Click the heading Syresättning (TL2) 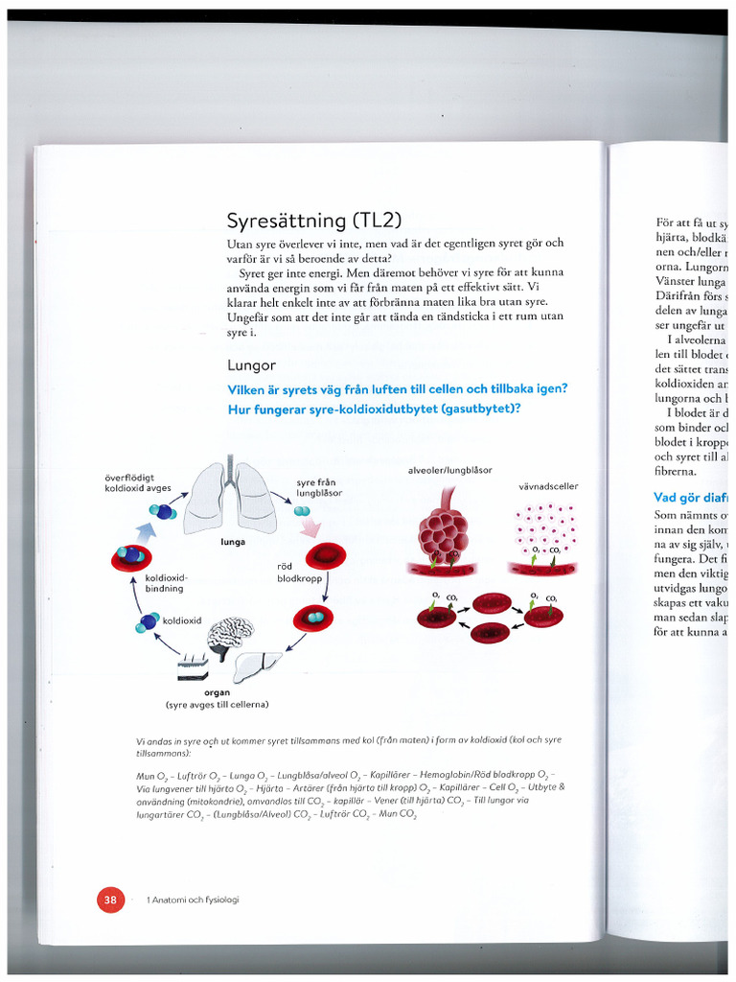(x=299, y=221)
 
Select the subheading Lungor (x=251, y=365)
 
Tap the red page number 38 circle (x=110, y=900)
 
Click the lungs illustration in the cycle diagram (x=230, y=498)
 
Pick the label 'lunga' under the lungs (x=233, y=542)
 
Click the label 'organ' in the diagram (x=217, y=692)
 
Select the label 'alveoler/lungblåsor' (x=449, y=471)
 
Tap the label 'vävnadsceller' (x=548, y=486)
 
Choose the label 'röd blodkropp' (x=297, y=573)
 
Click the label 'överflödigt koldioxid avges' (x=139, y=480)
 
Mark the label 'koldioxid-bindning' (x=166, y=584)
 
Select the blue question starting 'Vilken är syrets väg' (x=398, y=388)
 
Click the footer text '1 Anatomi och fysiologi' (x=193, y=900)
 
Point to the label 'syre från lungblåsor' (x=319, y=486)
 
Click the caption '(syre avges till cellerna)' (x=218, y=705)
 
